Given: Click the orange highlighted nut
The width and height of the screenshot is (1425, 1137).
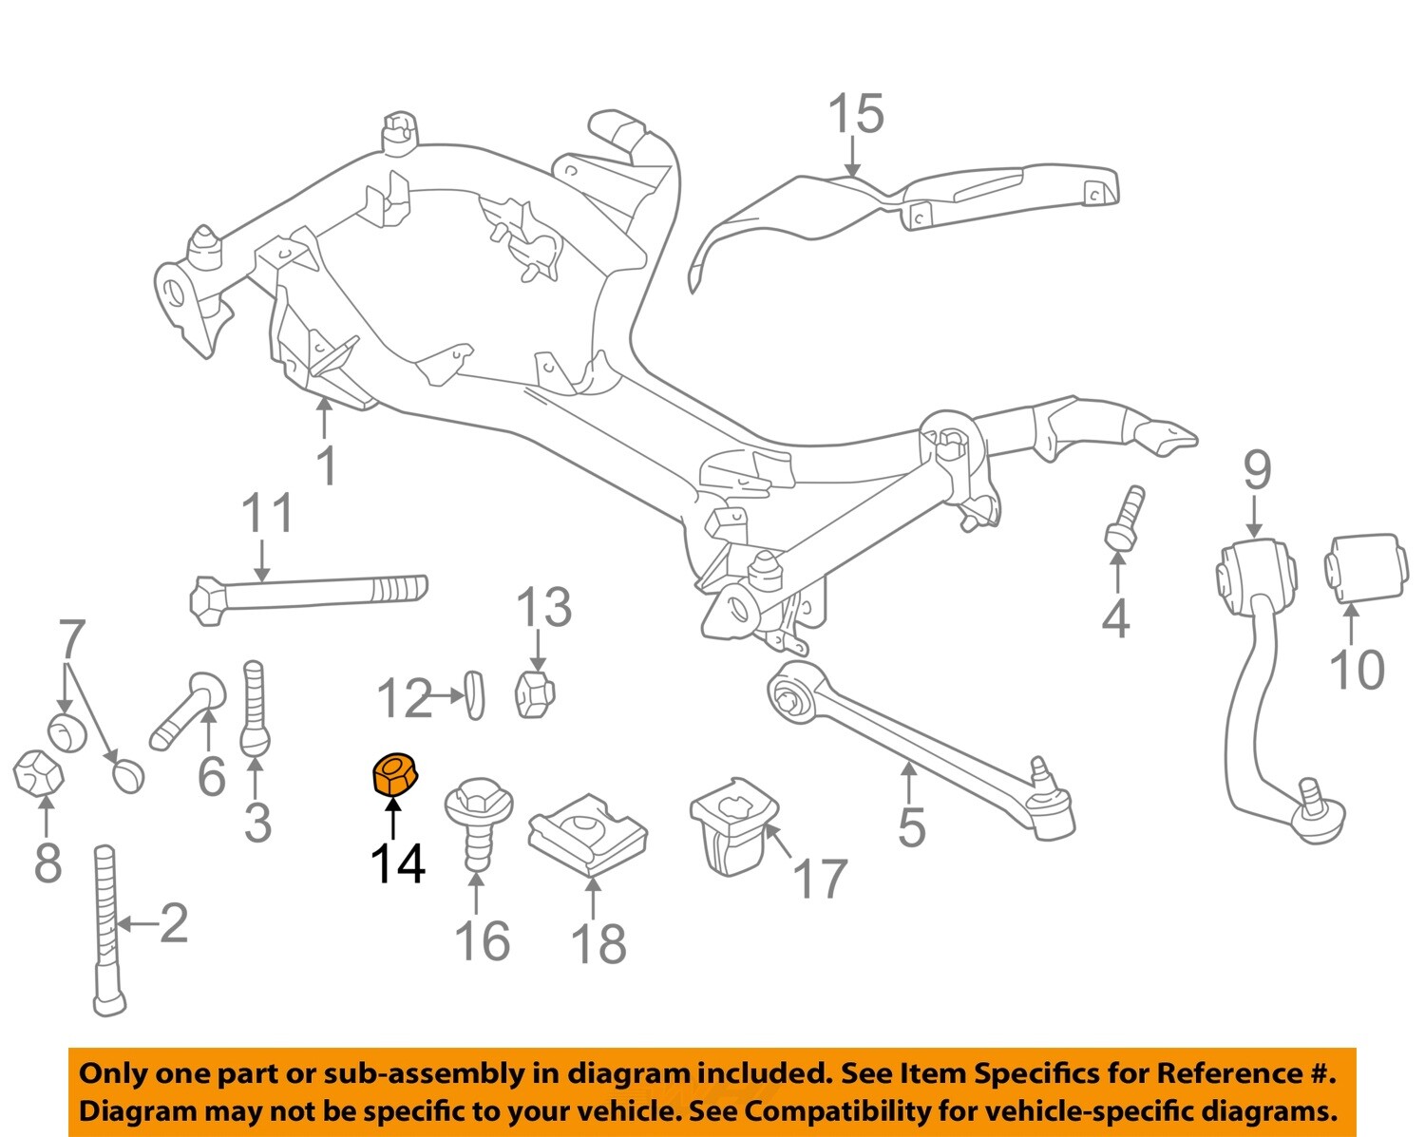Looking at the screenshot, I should pos(393,773).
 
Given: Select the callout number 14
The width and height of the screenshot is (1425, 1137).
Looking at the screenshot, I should pos(397,863).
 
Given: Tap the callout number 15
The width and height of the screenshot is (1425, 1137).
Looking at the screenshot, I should pos(855,114).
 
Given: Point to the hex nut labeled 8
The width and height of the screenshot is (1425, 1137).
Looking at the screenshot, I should pos(38,771).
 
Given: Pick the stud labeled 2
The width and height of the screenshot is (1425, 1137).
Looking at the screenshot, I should pos(107,931).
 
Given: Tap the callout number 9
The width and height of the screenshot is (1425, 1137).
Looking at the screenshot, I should pos(1256,470).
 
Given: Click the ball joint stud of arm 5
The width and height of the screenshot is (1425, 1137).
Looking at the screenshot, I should pos(1043,768).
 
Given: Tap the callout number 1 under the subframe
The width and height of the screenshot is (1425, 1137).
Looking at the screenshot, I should pos(326,465).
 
